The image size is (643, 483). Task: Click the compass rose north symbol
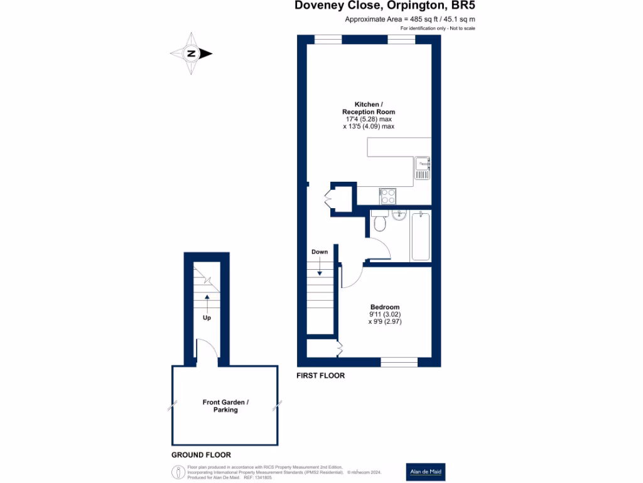coord(192,53)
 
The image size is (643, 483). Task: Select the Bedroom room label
coord(384,307)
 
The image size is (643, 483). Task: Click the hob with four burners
coord(387,196)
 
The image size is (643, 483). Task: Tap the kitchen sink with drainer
coord(422,167)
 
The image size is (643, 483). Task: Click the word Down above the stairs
coord(320,252)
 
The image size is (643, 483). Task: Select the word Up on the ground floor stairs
coord(207,318)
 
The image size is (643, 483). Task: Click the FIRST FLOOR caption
coord(321,375)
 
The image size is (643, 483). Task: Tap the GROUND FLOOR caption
coord(201,455)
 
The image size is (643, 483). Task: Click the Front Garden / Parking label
coord(225,406)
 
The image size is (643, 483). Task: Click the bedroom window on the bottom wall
coord(399,362)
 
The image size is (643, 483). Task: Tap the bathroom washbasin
coord(398,216)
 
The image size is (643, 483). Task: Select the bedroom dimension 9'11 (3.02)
coord(384,314)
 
